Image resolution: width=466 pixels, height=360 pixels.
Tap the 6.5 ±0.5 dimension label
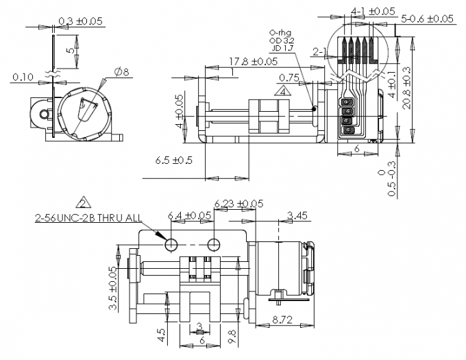coord(174,160)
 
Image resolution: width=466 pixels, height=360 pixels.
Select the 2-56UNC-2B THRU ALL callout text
coord(89,217)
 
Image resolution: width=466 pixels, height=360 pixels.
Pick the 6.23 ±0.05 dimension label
coord(238,203)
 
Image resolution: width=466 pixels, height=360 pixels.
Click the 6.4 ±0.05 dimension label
coord(190,216)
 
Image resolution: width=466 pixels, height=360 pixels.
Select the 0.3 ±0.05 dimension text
coord(80,21)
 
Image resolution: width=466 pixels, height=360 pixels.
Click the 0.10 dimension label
coord(23,77)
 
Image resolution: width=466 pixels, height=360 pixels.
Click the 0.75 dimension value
coord(289,77)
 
